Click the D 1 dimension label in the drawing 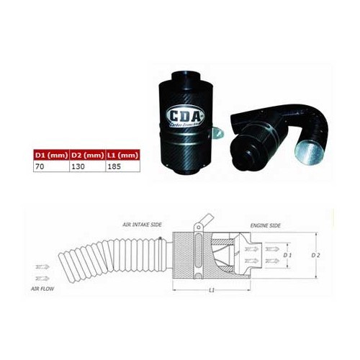pos(288,255)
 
